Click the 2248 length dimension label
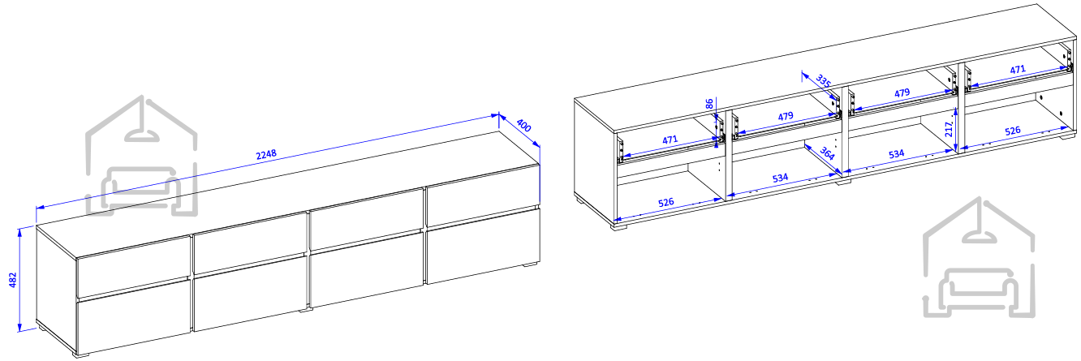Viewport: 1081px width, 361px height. point(266,154)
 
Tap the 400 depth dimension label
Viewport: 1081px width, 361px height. point(523,126)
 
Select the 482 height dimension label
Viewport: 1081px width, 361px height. point(13,280)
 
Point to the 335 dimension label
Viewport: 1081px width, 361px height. point(823,81)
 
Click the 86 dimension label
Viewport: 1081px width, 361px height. point(709,105)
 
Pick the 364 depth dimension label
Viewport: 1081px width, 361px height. point(827,153)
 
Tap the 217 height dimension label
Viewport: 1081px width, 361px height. point(949,129)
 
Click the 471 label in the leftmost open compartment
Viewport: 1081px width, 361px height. point(670,140)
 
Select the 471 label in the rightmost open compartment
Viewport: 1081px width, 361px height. point(1018,70)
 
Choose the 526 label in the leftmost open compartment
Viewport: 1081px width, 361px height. point(666,202)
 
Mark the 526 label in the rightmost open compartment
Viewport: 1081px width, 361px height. point(1013,131)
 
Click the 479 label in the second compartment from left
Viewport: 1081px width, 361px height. point(786,116)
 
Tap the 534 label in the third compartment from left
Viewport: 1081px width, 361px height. point(896,154)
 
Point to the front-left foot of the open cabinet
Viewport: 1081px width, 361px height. point(621,225)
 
